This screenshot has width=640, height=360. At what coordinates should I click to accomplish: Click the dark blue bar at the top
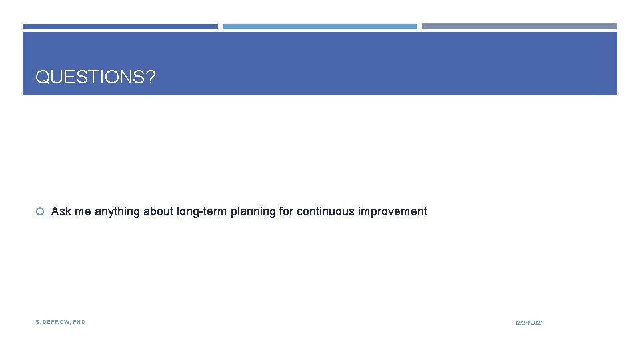[121, 27]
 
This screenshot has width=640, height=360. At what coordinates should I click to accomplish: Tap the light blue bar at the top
[319, 27]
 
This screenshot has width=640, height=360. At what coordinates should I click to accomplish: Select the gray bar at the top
[519, 27]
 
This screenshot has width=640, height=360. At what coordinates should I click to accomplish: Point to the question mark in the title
[150, 77]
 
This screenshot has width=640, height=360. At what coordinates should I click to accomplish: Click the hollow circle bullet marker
[40, 212]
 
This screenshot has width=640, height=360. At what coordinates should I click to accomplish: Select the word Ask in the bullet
[61, 211]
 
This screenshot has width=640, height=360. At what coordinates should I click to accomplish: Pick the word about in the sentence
[159, 211]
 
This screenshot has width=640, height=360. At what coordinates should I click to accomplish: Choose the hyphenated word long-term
[202, 211]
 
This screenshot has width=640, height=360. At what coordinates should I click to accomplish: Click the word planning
[253, 211]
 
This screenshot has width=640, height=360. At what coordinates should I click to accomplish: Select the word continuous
[326, 211]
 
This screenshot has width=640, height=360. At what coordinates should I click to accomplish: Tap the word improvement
[393, 211]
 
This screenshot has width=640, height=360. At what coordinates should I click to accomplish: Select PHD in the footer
[79, 322]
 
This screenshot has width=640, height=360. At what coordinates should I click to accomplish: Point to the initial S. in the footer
[38, 322]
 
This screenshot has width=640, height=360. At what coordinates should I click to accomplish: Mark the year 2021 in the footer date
[537, 323]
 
